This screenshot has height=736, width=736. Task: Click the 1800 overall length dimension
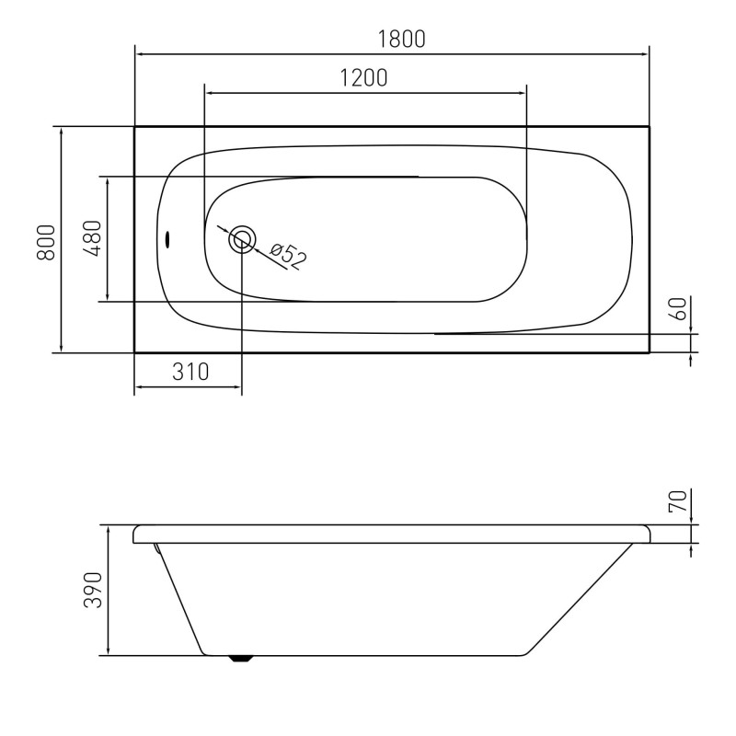click(401, 39)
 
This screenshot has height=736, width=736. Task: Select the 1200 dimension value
click(363, 78)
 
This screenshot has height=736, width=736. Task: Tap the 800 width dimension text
click(47, 242)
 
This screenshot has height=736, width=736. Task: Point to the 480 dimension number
click(93, 238)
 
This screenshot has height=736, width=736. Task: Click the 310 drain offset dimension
click(190, 373)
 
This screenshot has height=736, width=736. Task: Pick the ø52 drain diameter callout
click(288, 257)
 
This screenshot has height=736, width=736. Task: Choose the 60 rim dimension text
click(680, 308)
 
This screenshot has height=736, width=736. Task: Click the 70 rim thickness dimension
click(679, 500)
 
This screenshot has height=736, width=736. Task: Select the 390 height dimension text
click(93, 590)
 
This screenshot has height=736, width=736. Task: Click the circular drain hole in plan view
click(242, 239)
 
